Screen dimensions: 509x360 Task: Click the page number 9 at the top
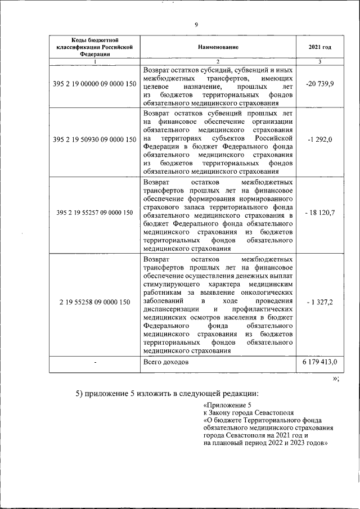coord(196,24)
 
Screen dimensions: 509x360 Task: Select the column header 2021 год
coord(319,47)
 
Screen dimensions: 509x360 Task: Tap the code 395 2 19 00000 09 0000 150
coord(94,84)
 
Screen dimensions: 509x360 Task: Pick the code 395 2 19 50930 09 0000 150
coord(94,139)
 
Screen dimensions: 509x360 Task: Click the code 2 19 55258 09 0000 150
coord(94,302)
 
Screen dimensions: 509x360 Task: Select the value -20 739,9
coord(319,84)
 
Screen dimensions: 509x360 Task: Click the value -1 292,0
coord(319,139)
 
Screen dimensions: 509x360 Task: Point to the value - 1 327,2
coord(319,302)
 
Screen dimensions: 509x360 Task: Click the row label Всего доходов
coord(166,363)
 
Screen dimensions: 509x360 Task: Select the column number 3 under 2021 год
coord(319,61)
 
